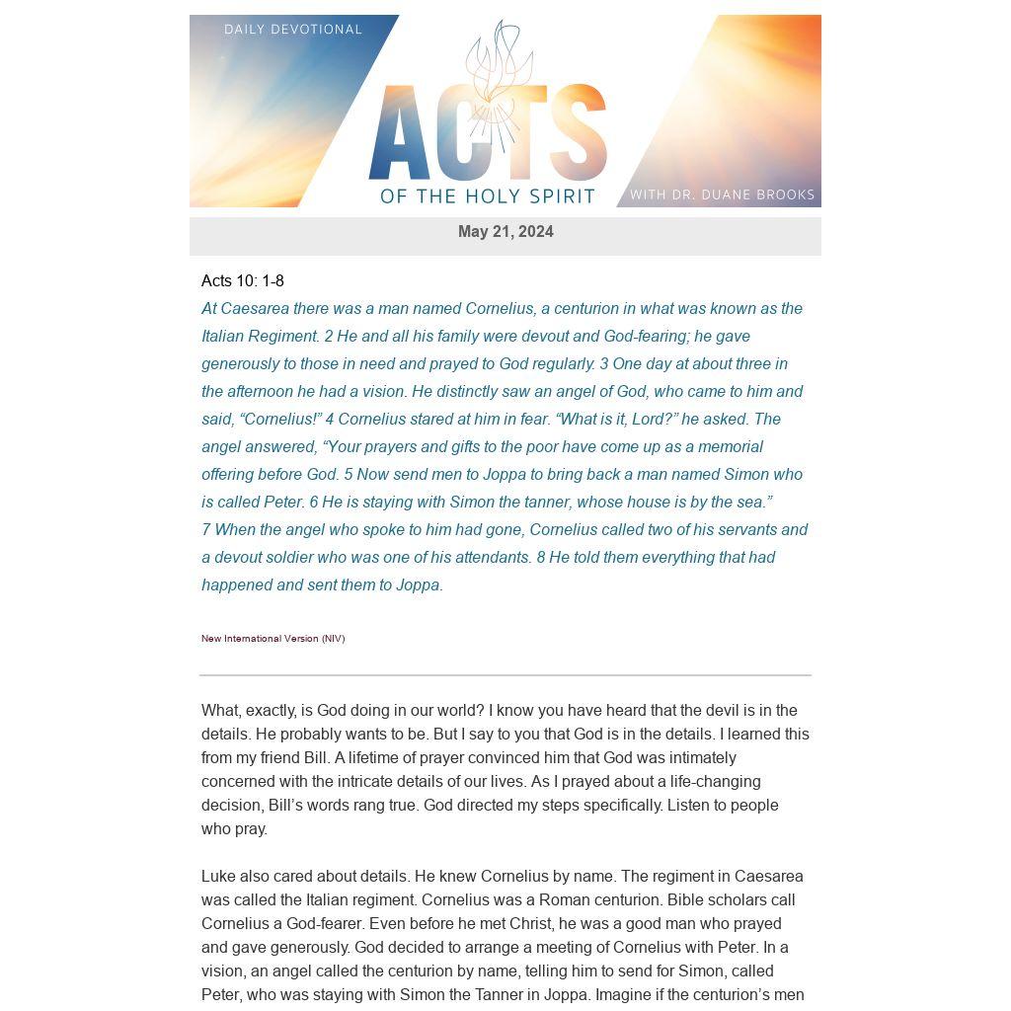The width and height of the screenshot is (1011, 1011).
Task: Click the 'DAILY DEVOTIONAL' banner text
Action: click(293, 30)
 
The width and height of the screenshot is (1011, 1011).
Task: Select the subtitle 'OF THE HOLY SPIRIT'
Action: click(488, 196)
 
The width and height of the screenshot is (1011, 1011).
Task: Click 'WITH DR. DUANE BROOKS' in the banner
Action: click(722, 194)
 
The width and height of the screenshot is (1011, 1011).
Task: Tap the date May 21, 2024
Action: click(505, 232)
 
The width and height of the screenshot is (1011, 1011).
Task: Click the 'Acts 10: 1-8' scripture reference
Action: click(243, 281)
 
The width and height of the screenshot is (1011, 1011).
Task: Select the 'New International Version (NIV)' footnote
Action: click(273, 639)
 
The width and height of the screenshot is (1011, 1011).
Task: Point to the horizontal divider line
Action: click(505, 675)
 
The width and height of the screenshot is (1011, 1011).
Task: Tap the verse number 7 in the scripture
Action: click(206, 530)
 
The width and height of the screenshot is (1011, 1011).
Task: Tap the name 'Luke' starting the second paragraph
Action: click(218, 877)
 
